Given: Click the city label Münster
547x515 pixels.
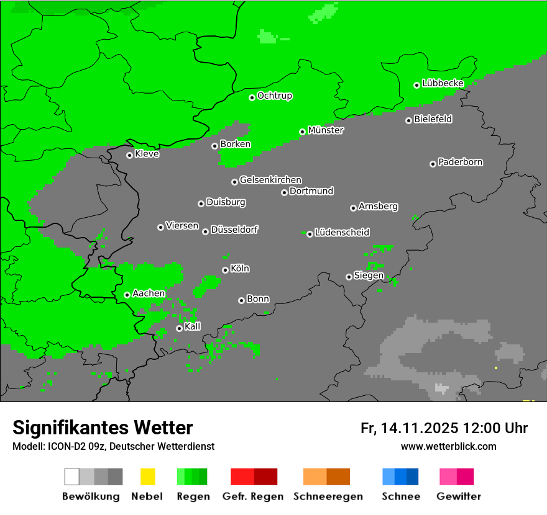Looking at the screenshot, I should [x=326, y=130].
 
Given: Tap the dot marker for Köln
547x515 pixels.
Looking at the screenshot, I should [x=225, y=270].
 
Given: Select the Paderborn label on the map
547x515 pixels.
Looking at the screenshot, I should [x=461, y=162].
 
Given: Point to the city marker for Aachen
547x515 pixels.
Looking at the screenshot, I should [x=127, y=295].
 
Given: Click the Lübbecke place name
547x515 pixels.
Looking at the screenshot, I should [x=443, y=83].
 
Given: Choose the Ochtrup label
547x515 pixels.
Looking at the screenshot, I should [x=275, y=96].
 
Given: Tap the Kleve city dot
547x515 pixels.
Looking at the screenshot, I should [x=129, y=155].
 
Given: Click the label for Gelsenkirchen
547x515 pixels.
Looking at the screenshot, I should [x=270, y=180].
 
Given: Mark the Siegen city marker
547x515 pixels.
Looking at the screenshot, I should [x=349, y=277].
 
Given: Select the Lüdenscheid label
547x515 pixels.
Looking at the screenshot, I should [x=342, y=232].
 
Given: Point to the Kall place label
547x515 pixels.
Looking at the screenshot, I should [x=193, y=326].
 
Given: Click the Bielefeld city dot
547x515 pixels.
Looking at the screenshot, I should [x=408, y=120].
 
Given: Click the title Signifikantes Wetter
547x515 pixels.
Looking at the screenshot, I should [x=103, y=428].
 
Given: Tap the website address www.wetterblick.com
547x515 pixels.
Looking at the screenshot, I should [x=448, y=446].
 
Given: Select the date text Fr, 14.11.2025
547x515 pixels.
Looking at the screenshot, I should [x=410, y=428].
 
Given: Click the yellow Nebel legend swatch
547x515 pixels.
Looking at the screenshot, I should [x=147, y=477].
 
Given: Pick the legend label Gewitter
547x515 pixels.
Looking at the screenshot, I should [x=458, y=496].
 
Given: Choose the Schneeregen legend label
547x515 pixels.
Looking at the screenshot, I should [x=327, y=496].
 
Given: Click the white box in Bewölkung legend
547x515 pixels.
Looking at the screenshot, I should [x=71, y=477].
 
